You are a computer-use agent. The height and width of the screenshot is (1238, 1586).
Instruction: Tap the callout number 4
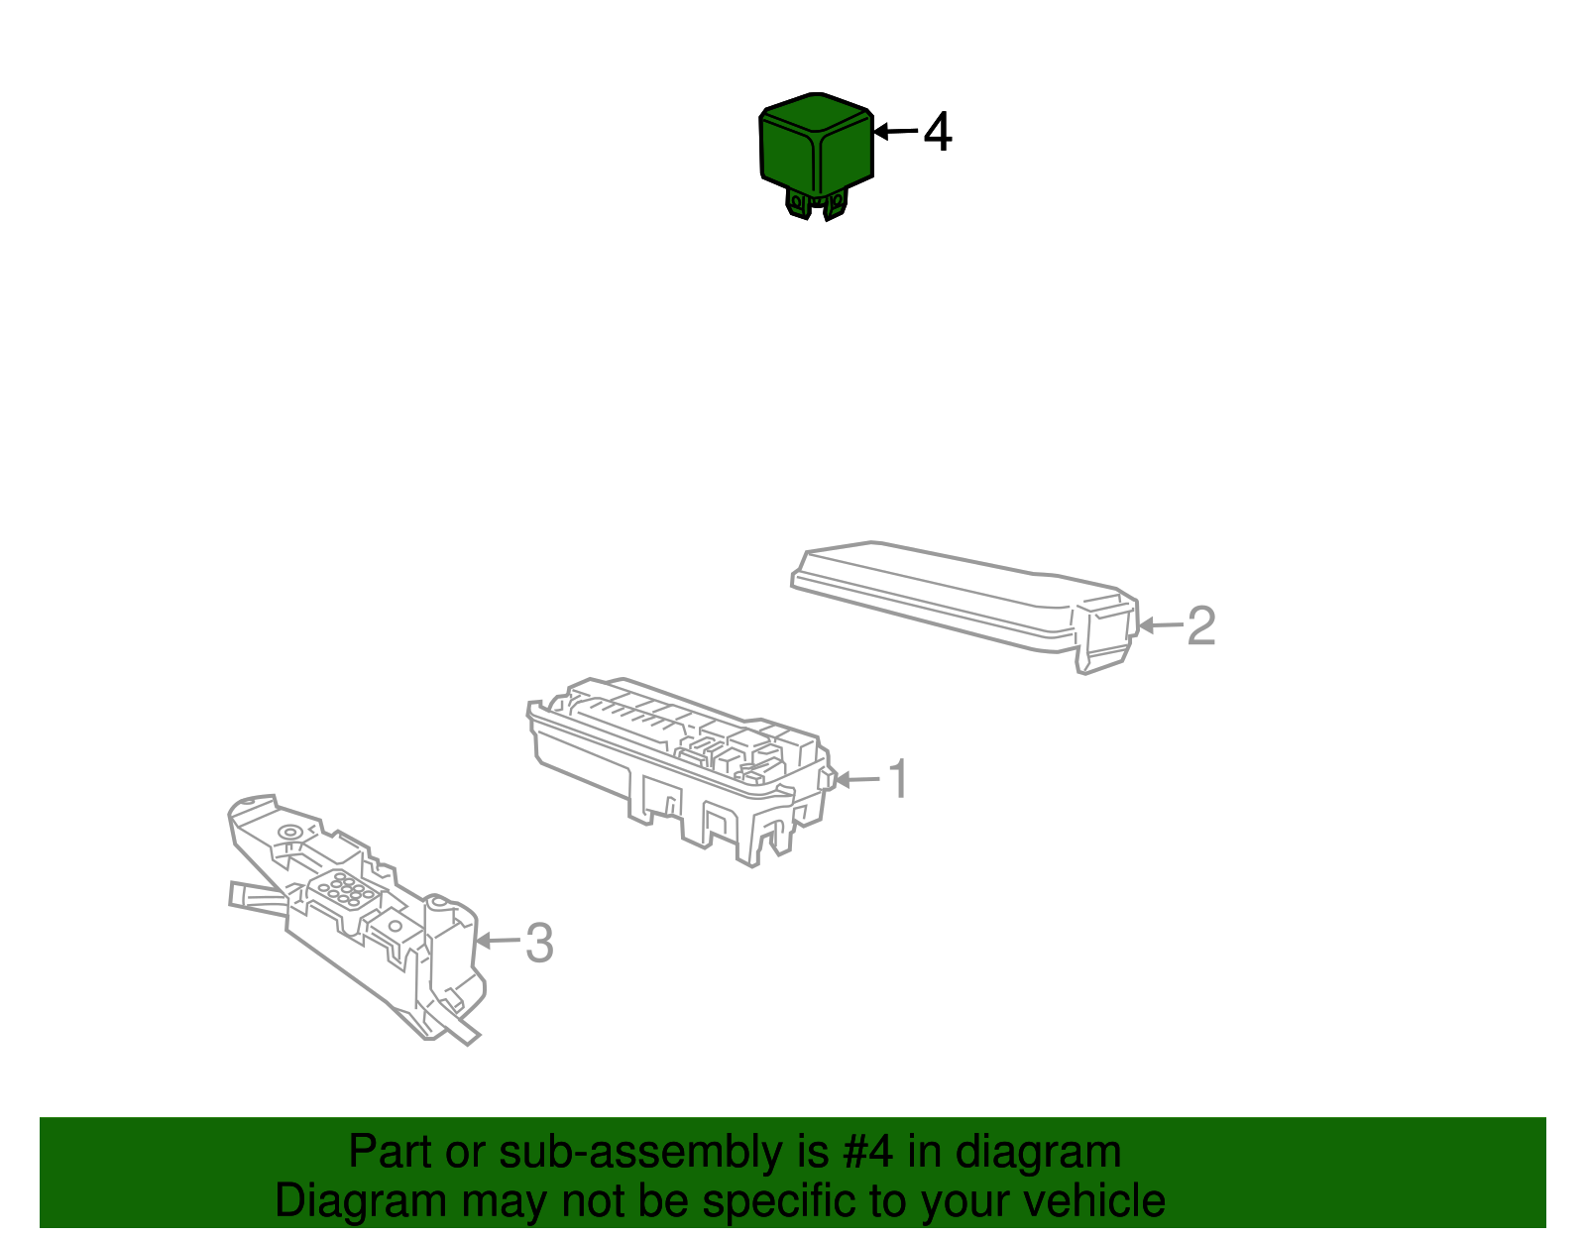tap(938, 133)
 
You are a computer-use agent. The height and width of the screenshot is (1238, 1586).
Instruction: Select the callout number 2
tap(1201, 626)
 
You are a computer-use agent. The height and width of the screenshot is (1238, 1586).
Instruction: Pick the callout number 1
tap(898, 780)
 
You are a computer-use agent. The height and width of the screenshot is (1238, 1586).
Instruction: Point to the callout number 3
tap(539, 943)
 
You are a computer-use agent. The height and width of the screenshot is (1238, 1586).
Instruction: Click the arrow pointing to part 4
tap(895, 131)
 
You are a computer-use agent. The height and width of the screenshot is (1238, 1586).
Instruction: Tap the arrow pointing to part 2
tap(1161, 625)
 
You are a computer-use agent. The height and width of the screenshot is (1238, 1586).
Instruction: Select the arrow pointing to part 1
tap(857, 780)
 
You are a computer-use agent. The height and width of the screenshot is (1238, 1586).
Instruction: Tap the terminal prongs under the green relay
tap(816, 203)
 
